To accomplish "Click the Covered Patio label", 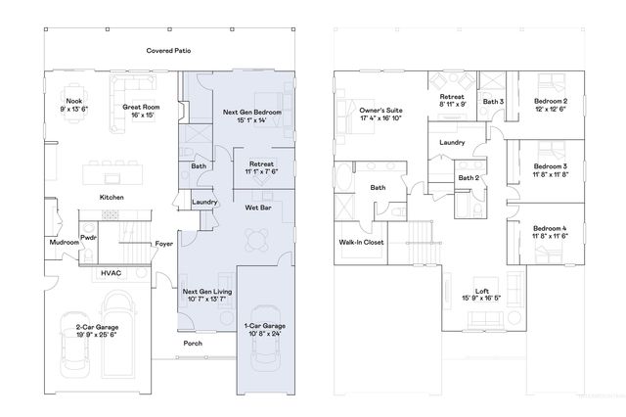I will coord(167,50).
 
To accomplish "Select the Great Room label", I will coord(142,109).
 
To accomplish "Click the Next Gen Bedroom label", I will coord(252,114).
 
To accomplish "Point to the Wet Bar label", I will coord(258,208).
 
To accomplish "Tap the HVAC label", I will coord(111,273).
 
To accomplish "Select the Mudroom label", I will coord(64,242).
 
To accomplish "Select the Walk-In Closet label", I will coord(360,241).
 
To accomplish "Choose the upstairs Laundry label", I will coord(452,143).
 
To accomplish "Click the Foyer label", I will coord(164,244).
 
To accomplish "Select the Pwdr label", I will coord(88,237).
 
